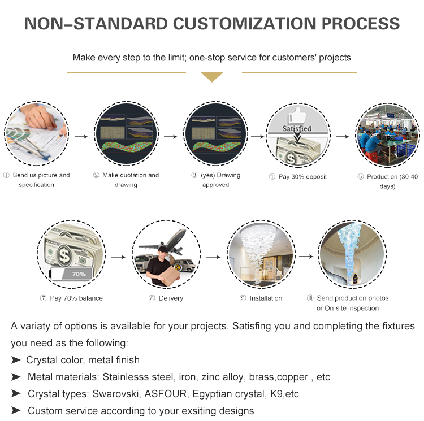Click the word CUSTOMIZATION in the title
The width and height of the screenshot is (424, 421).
[244, 24]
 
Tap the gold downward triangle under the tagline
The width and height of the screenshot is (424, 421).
[212, 77]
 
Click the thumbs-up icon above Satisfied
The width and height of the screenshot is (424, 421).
[298, 115]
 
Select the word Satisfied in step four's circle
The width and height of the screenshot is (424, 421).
[297, 128]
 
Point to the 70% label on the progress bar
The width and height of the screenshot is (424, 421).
[79, 274]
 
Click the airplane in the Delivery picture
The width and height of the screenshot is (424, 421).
[165, 242]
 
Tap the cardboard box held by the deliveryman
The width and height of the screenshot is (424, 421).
[170, 276]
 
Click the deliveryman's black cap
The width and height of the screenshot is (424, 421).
[163, 249]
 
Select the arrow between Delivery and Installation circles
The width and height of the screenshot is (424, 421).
[214, 257]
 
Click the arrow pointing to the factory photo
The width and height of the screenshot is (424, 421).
[343, 137]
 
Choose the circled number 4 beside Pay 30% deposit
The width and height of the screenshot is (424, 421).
[272, 177]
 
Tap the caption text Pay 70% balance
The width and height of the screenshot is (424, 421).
[76, 298]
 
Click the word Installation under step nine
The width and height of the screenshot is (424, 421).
[266, 298]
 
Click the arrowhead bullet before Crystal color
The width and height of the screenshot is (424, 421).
[16, 360]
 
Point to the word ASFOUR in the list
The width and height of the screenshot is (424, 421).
[166, 394]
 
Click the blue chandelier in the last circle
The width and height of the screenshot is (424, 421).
[349, 251]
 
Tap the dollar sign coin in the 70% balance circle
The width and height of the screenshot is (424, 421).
[64, 255]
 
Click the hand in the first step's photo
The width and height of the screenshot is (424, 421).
[41, 117]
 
